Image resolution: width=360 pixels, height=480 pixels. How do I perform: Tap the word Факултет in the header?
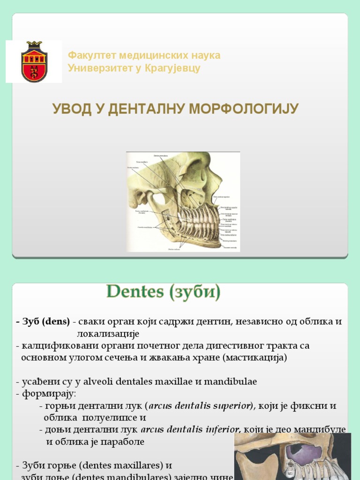coord(89,55)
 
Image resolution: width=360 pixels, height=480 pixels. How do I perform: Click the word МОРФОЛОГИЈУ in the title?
coord(244,109)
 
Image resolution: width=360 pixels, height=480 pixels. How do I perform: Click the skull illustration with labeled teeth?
coord(183,202)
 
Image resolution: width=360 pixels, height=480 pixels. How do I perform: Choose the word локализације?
coord(108,334)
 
